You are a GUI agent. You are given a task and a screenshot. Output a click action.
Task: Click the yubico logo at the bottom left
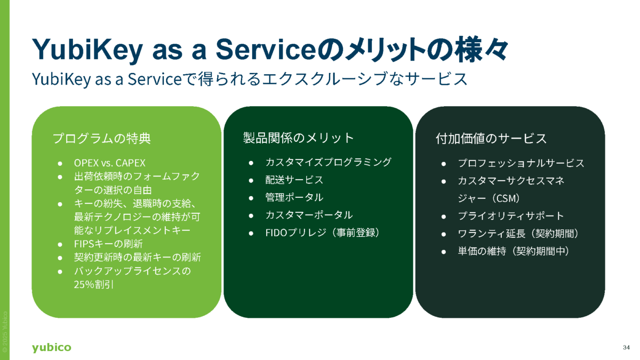click(51, 347)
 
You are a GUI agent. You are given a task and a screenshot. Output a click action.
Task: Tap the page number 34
click(626, 347)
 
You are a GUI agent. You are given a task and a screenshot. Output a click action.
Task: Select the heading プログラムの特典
click(102, 138)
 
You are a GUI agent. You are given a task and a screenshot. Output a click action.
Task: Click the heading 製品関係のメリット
click(298, 138)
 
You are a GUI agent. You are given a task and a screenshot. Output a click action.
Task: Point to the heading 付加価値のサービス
click(491, 139)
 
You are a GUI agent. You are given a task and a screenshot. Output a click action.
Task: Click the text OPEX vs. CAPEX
click(110, 163)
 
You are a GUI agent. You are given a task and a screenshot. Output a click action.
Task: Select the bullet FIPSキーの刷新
click(108, 244)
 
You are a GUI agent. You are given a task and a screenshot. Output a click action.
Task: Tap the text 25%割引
click(94, 285)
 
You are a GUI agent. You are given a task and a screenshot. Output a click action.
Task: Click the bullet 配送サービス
click(294, 180)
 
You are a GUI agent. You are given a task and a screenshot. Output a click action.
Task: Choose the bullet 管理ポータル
click(294, 197)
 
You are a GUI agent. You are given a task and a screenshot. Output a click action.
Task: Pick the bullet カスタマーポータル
click(309, 215)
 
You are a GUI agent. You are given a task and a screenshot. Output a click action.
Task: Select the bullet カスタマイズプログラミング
click(329, 162)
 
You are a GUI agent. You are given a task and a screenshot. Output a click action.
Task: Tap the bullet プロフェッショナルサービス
click(521, 163)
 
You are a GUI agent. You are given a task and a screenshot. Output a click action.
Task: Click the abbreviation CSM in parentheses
click(507, 198)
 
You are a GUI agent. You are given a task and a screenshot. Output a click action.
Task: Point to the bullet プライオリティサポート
click(511, 216)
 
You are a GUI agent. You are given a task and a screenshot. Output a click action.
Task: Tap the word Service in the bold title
click(265, 50)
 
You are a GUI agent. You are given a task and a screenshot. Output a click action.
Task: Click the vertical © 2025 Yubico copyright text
click(5, 332)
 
